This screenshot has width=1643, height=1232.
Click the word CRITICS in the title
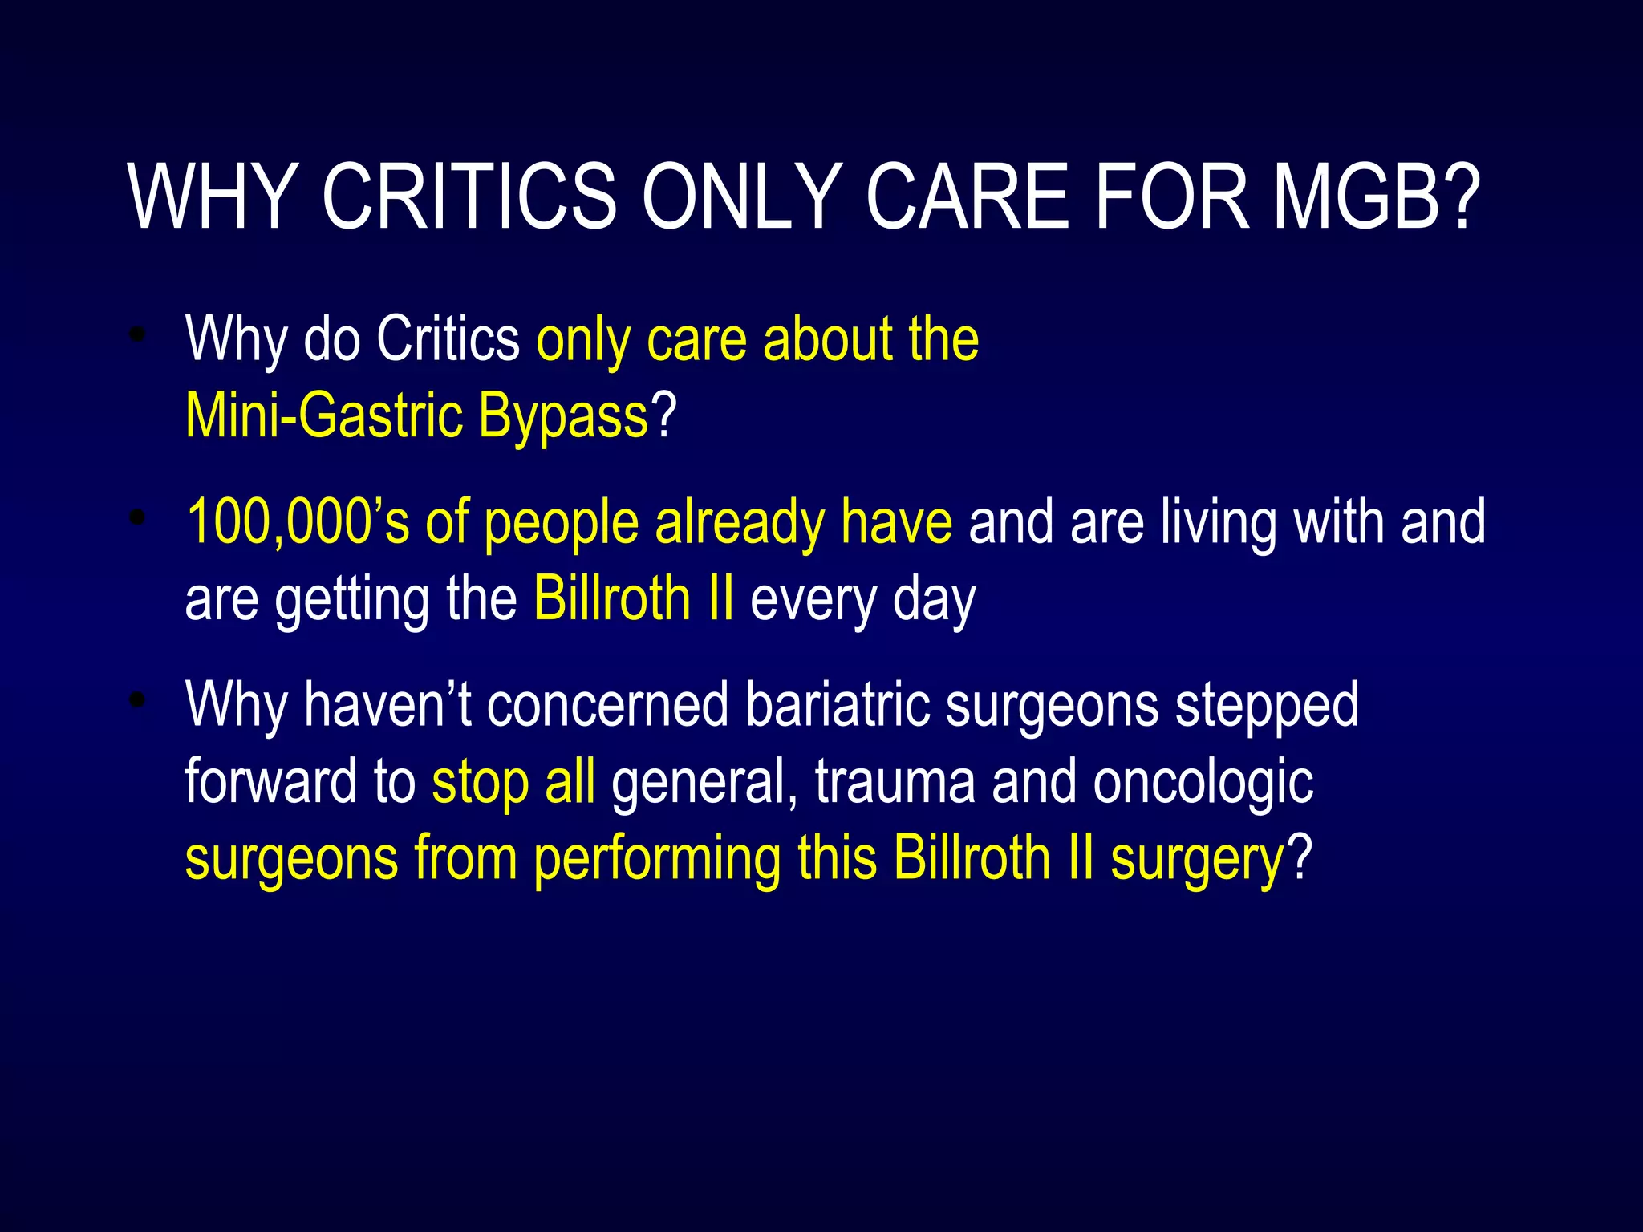(469, 197)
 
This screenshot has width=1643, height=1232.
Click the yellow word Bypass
(562, 417)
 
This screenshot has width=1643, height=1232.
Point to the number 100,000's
(298, 521)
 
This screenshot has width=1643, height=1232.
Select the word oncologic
(1203, 781)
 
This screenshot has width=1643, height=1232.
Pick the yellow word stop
(480, 781)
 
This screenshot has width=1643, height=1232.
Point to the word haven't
(387, 704)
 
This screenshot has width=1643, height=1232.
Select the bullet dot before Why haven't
(138, 700)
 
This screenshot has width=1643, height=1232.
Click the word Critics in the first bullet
(448, 338)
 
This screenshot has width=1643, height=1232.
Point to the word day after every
(934, 600)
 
